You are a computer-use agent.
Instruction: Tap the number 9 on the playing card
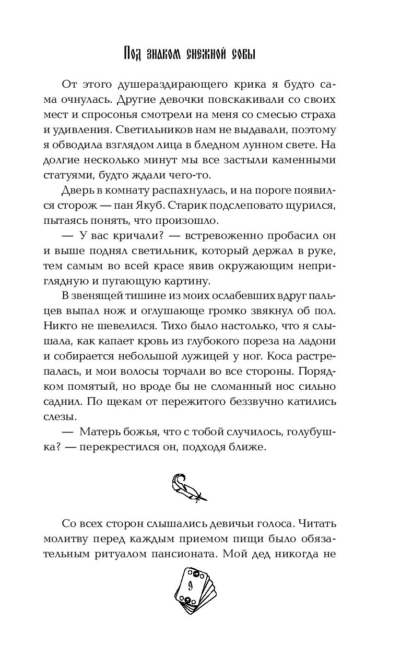point(191,584)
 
